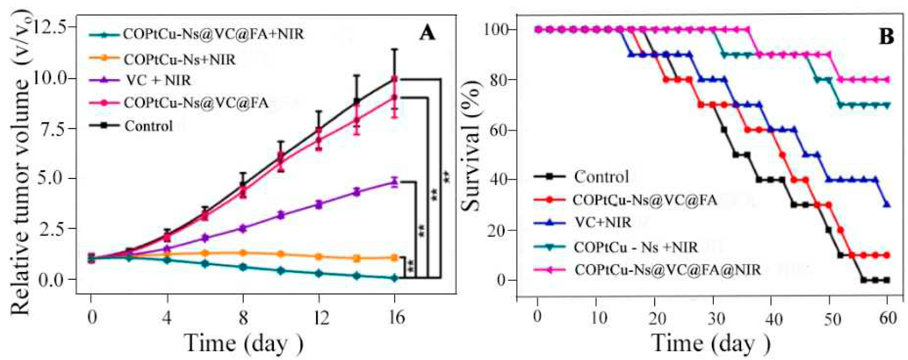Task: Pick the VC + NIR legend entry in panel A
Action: pyautogui.click(x=158, y=80)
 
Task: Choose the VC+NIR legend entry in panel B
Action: pyautogui.click(x=602, y=223)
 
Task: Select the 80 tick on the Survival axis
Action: pyautogui.click(x=498, y=80)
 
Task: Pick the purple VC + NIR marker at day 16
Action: pyautogui.click(x=395, y=182)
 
